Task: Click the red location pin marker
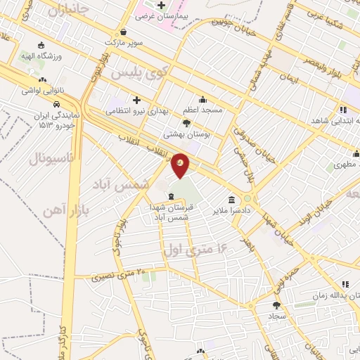[180, 165]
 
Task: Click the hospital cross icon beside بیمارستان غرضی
[160, 6]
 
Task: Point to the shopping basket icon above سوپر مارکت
[124, 32]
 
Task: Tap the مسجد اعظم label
[203, 110]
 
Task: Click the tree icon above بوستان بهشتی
[186, 123]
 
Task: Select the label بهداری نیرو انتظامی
[136, 110]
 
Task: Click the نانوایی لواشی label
[43, 91]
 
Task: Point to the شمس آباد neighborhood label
[121, 183]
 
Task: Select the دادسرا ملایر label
[231, 210]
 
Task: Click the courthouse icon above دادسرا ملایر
[231, 200]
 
